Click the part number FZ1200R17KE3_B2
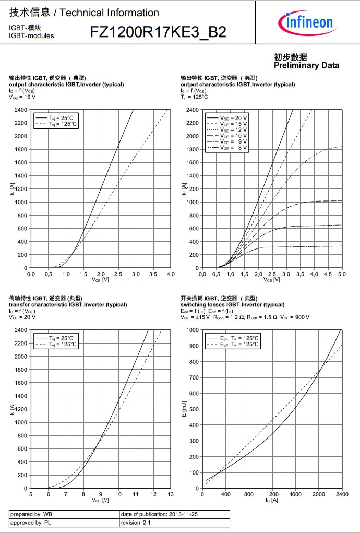point(158,32)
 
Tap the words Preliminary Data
point(306,65)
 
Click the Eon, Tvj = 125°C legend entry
point(238,338)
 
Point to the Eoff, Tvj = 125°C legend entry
point(238,344)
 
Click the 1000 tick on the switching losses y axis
point(193,330)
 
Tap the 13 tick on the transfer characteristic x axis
point(171,494)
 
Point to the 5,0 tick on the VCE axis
point(342,274)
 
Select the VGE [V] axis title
point(100,500)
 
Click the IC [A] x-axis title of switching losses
point(271,500)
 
